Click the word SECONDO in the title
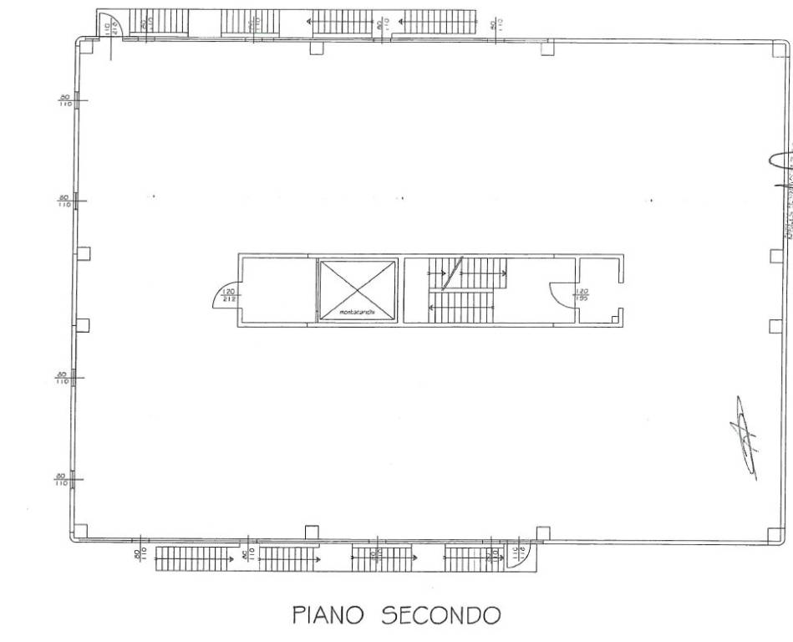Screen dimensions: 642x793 (x=441, y=616)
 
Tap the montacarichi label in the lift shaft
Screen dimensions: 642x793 (x=356, y=313)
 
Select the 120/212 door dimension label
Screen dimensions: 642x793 (x=229, y=294)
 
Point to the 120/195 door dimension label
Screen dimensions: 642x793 (x=582, y=294)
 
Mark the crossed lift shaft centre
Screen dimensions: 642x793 (x=357, y=288)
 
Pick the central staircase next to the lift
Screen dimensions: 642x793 (x=466, y=289)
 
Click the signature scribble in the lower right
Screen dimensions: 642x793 (x=742, y=438)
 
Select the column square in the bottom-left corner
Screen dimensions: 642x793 (x=80, y=530)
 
